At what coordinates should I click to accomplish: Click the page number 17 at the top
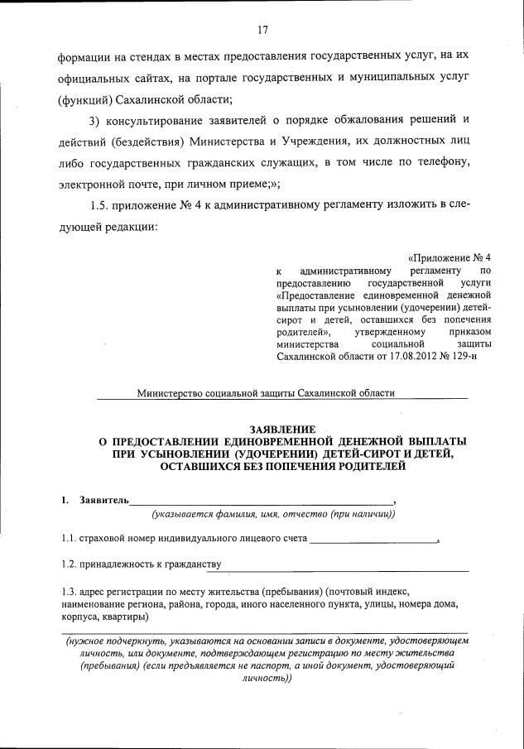coord(262,31)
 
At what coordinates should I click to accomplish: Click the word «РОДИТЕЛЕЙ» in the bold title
coord(360,467)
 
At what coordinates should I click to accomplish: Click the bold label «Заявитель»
coord(103,501)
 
